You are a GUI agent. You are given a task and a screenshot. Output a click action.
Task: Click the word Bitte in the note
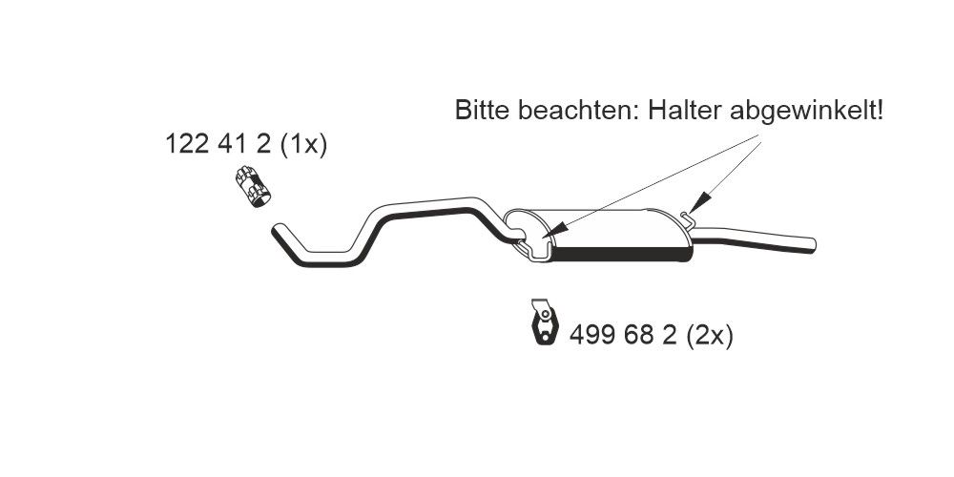pos(481,111)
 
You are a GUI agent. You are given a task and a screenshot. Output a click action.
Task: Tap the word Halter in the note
pos(685,111)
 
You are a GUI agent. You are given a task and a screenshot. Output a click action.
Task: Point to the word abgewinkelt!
pos(807,111)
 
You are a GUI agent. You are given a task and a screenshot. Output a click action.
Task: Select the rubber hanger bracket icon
pos(543,322)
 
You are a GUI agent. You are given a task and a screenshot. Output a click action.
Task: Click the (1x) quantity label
pos(304,145)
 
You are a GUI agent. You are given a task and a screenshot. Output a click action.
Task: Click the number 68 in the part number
pos(639,336)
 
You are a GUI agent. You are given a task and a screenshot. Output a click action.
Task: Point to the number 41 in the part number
pos(235,145)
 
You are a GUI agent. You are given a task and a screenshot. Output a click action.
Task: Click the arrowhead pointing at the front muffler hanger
pos(556,230)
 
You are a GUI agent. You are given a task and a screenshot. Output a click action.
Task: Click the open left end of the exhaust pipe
pos(278,229)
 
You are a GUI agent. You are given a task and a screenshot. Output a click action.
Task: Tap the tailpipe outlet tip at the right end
pos(811,242)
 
